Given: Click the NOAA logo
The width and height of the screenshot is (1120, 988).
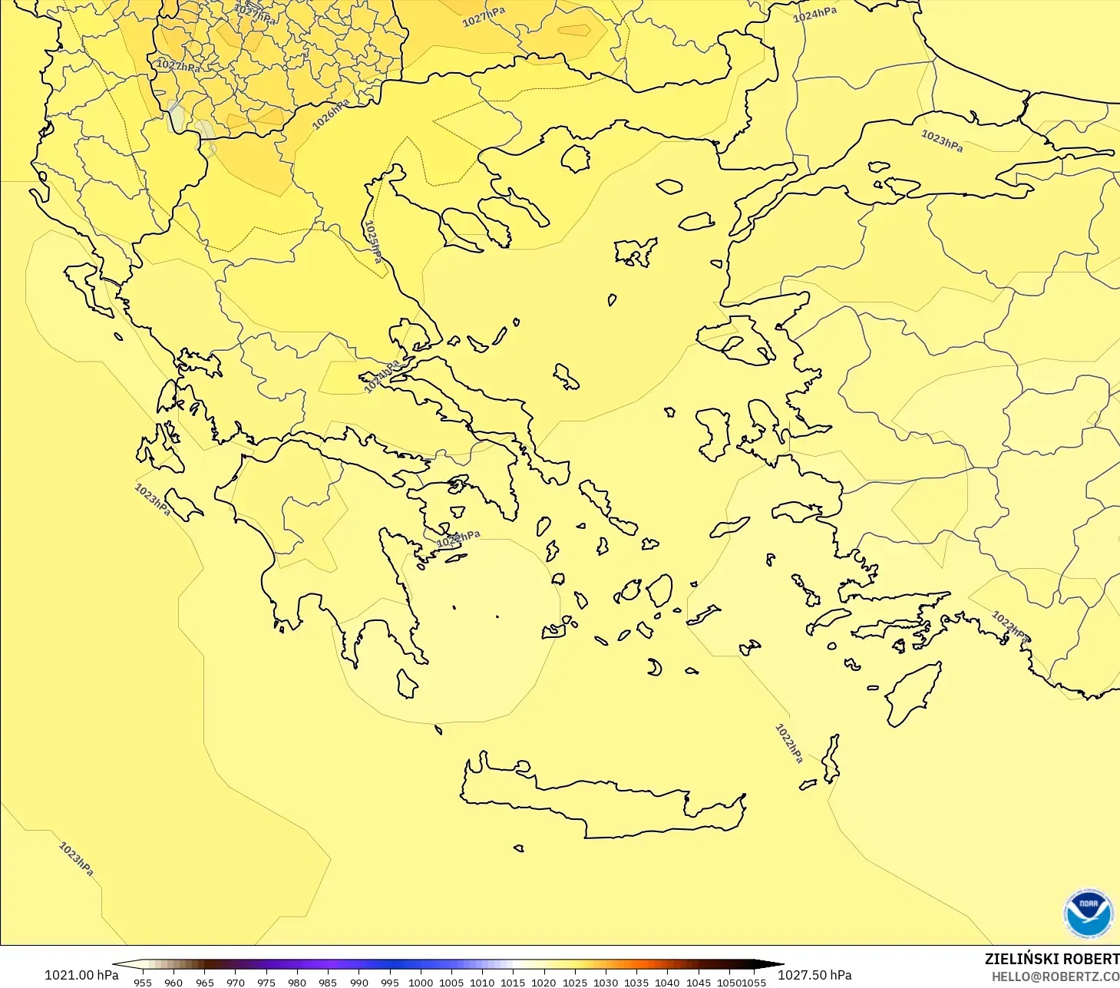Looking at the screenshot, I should (x=1088, y=914).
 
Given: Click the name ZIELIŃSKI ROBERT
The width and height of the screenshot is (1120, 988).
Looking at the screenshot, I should (x=1052, y=959).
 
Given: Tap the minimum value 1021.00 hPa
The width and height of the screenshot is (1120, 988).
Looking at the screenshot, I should (x=81, y=975).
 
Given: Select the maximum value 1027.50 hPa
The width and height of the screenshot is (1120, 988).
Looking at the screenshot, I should (x=814, y=975).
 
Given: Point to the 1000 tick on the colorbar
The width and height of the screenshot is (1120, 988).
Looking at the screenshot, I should (x=420, y=982).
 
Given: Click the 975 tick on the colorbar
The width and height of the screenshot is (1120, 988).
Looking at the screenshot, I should (x=266, y=982).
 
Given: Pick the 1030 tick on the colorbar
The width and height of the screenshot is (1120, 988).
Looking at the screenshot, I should (x=605, y=982).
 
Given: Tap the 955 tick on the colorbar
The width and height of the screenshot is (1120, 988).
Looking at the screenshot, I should (x=143, y=982).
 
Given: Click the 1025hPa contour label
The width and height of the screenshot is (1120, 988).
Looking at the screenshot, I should (x=373, y=241).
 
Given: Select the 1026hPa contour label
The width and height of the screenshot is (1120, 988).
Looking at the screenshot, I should (x=331, y=114).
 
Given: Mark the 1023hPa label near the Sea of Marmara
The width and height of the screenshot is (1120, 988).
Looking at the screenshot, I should (x=941, y=140).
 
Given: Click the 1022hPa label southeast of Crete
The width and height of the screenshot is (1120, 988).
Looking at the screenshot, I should (x=788, y=743).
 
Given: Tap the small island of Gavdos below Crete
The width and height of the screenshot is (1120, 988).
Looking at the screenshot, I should (x=518, y=848).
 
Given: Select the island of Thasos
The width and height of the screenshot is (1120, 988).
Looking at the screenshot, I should (x=575, y=158).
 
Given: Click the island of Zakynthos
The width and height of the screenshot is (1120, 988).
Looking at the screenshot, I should (x=183, y=504).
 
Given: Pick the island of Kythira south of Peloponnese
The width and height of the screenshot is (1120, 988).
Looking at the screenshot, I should (x=406, y=683).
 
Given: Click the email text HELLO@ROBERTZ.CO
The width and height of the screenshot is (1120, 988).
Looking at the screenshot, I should (x=1055, y=976).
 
